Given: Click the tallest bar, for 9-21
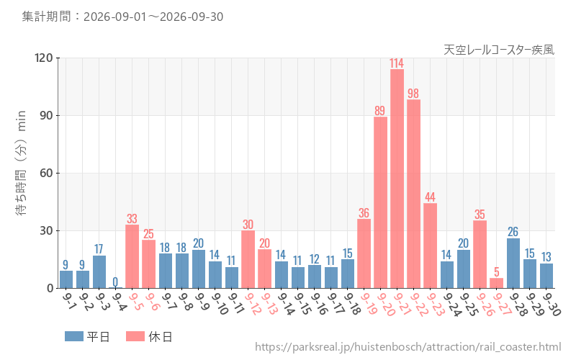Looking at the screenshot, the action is [397, 179].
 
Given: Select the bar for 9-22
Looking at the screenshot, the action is [413, 194].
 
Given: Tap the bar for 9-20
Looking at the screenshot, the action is [380, 202].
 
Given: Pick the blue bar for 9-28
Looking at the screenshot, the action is [513, 264].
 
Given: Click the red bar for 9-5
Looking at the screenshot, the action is [132, 256].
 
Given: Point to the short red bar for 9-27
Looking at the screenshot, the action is [496, 283].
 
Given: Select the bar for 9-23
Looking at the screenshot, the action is [430, 246].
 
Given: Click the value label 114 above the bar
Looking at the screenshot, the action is [397, 63].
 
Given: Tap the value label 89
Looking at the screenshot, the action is [380, 111].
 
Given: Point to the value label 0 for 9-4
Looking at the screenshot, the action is [115, 282].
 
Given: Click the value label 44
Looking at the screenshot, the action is [430, 197].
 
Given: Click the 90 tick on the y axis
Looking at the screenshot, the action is [46, 116].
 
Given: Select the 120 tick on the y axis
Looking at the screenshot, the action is [44, 58].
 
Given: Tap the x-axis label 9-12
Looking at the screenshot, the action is [253, 303].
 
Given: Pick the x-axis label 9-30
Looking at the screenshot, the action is [552, 303].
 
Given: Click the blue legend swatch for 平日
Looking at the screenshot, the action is [74, 336].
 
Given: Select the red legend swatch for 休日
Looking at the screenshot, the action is [135, 336].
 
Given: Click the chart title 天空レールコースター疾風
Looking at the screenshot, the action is [499, 50].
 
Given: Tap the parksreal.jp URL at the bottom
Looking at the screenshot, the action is [408, 347].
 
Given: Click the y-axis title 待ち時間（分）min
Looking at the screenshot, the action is [21, 163].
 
